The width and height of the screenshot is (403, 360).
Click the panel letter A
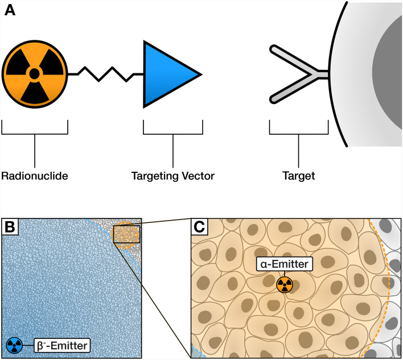pyautogui.click(x=10, y=11)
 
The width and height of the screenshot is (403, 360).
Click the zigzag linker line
pyautogui.click(x=105, y=74)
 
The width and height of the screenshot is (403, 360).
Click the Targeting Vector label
pyautogui.click(x=172, y=176)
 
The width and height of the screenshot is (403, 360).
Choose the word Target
pyautogui.click(x=298, y=176)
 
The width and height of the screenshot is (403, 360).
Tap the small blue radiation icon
pyautogui.click(x=15, y=345)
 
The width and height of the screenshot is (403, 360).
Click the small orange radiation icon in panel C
pyautogui.click(x=285, y=284)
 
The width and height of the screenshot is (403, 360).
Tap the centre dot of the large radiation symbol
pyautogui.click(x=34, y=73)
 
